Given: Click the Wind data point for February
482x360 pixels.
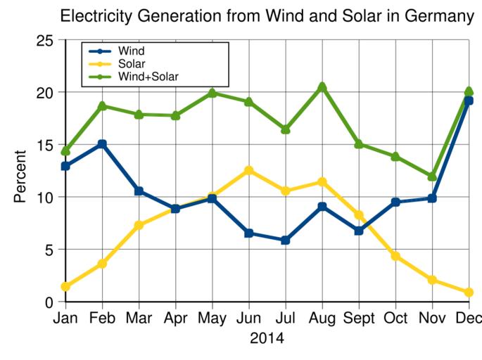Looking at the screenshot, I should pos(102,144).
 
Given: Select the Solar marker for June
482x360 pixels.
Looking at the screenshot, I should pos(248,170).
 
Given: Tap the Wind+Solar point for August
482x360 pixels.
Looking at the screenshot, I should pos(322,87).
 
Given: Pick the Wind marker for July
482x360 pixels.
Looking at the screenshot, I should pos(285,240).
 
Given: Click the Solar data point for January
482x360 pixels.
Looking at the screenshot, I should pos(65,286).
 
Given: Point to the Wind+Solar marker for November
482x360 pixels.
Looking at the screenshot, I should pos(432,176).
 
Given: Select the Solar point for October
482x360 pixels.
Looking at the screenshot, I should pos(395,256).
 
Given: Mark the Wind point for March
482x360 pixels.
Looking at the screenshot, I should pos(139,191).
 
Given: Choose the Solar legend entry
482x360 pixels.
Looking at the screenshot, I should pos(132,63).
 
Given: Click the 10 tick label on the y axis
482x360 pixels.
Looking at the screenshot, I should pos(44,197).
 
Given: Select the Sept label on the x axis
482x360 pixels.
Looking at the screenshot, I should pos(359,319).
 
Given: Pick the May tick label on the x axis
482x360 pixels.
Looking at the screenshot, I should pos(212,319).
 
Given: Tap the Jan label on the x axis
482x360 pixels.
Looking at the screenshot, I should pos(65,319).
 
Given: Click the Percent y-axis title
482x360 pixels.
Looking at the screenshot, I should pos(20,176).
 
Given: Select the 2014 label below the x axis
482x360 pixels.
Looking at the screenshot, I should pos(267,339).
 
